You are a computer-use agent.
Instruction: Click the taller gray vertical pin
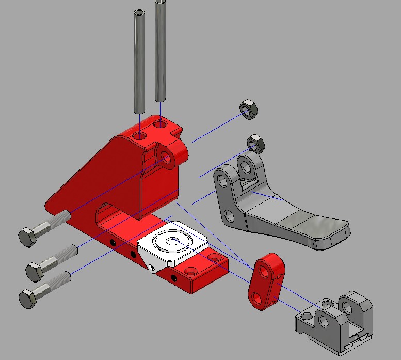coord(160,52)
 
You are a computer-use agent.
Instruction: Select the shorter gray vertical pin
coord(139,62)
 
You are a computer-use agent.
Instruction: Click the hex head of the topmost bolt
coord(27,237)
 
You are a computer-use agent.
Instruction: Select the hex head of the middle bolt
coord(35,270)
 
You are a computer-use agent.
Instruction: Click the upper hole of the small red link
coord(264,269)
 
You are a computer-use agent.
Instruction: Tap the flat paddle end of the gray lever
coord(315,230)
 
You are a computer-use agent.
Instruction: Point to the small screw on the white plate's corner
coord(151,267)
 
